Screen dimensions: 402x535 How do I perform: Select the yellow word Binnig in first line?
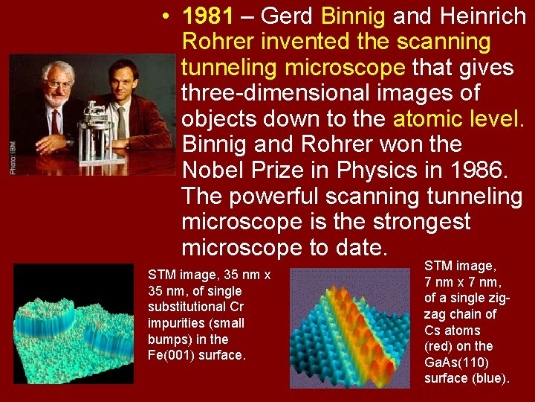click(x=353, y=16)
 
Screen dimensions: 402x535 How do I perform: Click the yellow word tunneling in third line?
click(x=230, y=68)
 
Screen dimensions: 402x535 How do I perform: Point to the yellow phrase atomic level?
click(x=458, y=119)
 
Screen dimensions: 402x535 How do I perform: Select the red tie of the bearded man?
click(x=54, y=121)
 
